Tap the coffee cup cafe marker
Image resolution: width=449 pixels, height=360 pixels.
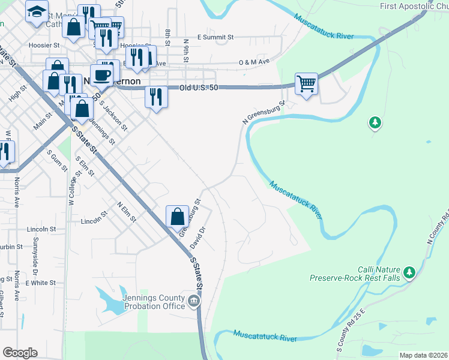pyautogui.click(x=102, y=75)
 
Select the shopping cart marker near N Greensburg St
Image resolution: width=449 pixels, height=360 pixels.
pyautogui.click(x=306, y=83)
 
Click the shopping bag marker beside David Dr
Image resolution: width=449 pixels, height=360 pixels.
pyautogui.click(x=178, y=216)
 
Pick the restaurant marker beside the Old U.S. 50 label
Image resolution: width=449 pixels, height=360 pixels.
pyautogui.click(x=156, y=97)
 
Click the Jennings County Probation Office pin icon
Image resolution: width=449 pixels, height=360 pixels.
pyautogui.click(x=193, y=301)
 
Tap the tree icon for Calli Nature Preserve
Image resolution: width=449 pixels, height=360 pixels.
pyautogui.click(x=409, y=273)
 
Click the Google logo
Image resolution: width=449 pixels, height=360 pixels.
pyautogui.click(x=20, y=353)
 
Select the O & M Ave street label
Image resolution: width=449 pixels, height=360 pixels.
pyautogui.click(x=254, y=62)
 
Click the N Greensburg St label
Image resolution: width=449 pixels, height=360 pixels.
pyautogui.click(x=263, y=112)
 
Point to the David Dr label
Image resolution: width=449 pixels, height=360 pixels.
pyautogui.click(x=198, y=238)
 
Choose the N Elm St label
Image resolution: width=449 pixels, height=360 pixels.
pyautogui.click(x=127, y=211)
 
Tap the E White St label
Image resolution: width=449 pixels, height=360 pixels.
pyautogui.click(x=40, y=283)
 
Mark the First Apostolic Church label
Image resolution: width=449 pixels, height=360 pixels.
pyautogui.click(x=414, y=6)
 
